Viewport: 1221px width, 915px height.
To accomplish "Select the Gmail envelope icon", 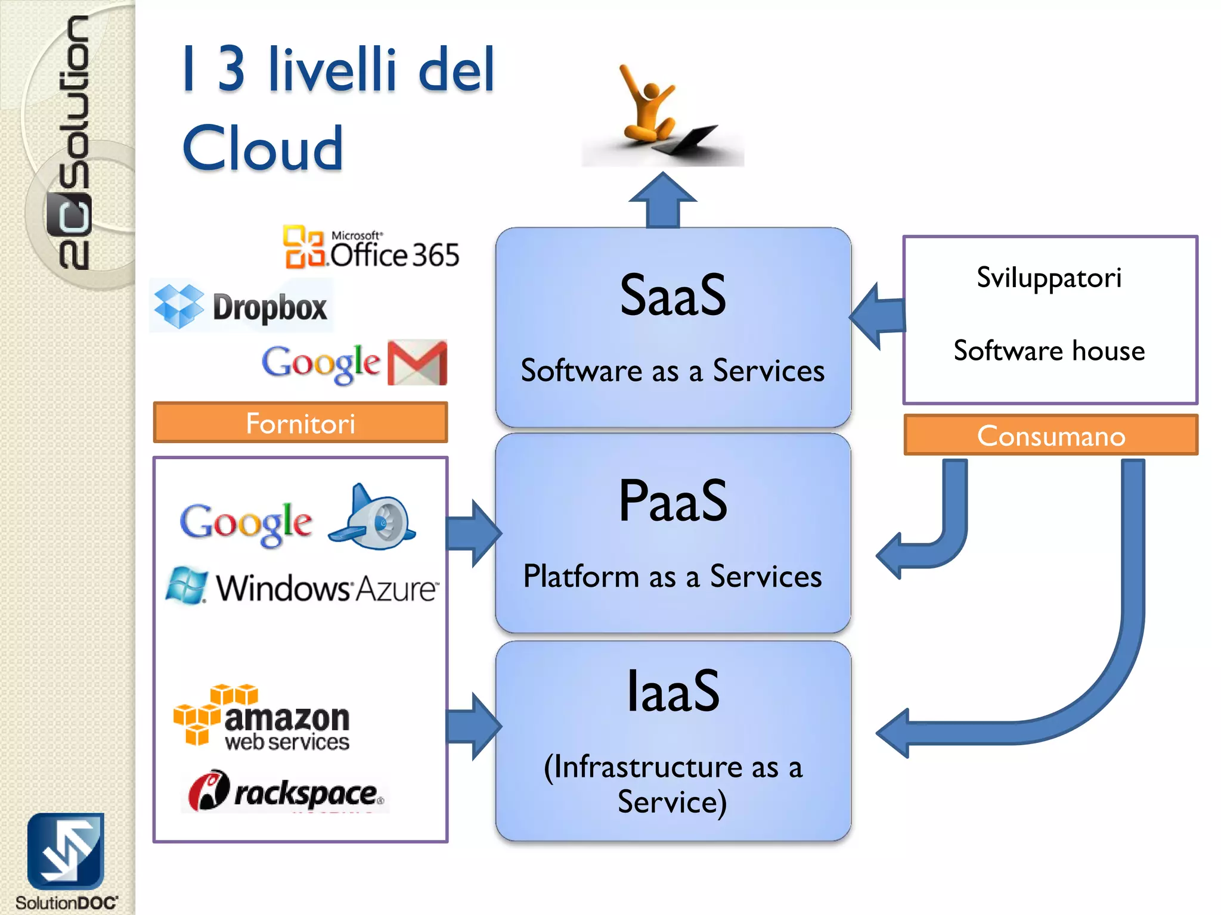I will pos(417,363).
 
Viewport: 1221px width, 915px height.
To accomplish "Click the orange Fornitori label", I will pos(300,423).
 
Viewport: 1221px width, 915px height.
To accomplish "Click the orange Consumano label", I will pos(1050,435).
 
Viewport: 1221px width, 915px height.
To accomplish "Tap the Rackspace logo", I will pos(285,792).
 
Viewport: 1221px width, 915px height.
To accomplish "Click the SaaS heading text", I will pos(673,295).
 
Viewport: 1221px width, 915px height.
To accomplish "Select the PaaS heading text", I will pos(673,502).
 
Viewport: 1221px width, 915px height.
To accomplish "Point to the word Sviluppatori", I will pos(1049,278).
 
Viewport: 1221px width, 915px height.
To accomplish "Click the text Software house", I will pos(1049,350).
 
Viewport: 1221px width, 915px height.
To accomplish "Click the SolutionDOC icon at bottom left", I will pos(66,852).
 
